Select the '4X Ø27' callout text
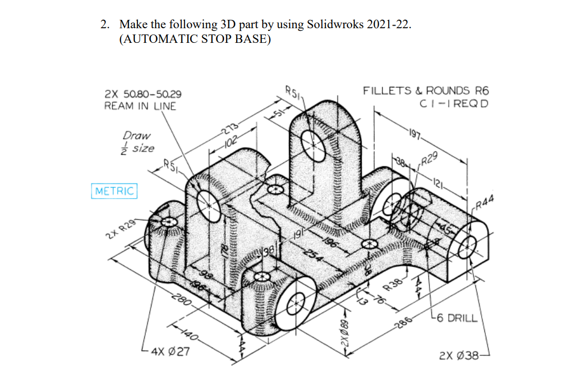(x=170, y=351)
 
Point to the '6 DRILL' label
(x=455, y=317)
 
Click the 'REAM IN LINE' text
(x=140, y=106)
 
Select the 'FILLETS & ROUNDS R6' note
(x=426, y=90)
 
